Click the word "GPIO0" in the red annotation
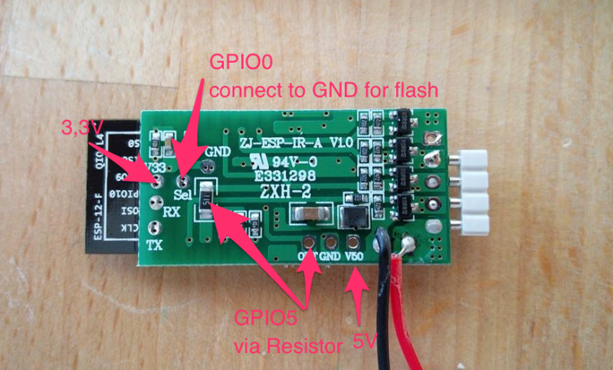pos(235,64)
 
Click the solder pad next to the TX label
pos(156,228)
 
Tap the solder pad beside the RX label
pos(156,205)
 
